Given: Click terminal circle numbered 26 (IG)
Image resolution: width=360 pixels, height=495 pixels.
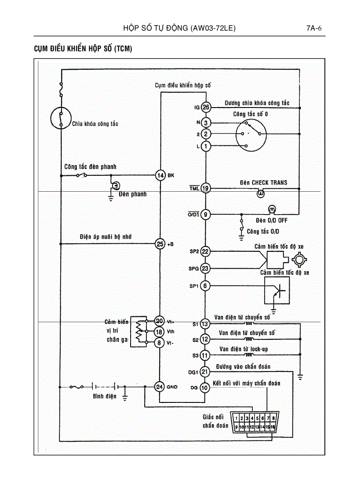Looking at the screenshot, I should (206, 107).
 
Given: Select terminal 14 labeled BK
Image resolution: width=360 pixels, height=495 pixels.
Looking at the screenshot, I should (161, 175).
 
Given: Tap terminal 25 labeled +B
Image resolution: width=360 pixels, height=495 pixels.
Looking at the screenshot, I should (160, 243).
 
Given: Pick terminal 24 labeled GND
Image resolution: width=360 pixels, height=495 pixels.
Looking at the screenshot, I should (160, 387).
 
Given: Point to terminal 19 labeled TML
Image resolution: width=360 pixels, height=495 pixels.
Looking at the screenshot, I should (206, 189).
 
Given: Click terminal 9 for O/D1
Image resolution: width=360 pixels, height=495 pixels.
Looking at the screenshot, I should (206, 215).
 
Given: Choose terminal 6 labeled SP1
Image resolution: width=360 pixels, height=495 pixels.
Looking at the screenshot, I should (206, 286).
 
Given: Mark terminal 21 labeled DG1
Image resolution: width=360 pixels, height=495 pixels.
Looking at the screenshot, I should (205, 372).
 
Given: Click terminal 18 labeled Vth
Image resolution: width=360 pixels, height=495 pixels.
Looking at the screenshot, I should (160, 331).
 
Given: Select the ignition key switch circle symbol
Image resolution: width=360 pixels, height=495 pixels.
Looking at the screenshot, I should (60, 118).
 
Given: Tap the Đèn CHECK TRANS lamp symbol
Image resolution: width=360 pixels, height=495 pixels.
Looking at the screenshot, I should (261, 193).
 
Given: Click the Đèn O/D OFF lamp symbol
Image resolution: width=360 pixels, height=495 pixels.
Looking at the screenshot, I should (272, 208).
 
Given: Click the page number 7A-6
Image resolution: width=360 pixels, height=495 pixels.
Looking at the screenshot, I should (314, 29).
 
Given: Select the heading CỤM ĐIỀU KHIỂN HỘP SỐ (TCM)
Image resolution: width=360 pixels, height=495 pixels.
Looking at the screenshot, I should (83, 49).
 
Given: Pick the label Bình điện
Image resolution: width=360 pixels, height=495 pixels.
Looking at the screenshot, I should (105, 396).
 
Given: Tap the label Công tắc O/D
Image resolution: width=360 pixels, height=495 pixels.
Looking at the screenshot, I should (263, 231).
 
